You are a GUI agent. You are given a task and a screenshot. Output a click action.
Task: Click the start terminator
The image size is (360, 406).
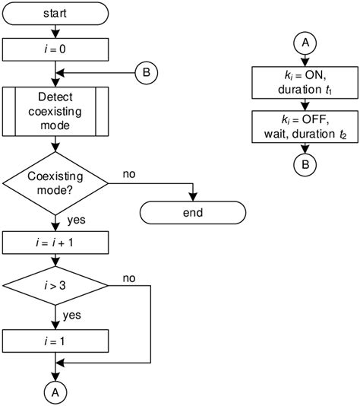pos(56,13)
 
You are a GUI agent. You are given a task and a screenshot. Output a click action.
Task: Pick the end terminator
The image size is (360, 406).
pos(192,211)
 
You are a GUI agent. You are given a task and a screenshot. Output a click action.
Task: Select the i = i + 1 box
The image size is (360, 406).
pos(56,244)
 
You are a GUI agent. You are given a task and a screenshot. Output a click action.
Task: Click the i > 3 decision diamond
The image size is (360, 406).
pos(56,286)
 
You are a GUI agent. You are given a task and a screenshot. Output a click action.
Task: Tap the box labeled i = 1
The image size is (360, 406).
pos(56,341)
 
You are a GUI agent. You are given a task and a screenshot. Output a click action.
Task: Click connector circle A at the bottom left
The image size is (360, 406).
pos(56,392)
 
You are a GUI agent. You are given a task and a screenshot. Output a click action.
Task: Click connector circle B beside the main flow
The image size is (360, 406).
pos(145,73)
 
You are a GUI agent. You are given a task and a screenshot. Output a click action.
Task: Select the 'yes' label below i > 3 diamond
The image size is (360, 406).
pos(72,314)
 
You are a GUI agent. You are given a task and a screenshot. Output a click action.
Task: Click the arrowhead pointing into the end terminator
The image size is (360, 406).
pos(192,197)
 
